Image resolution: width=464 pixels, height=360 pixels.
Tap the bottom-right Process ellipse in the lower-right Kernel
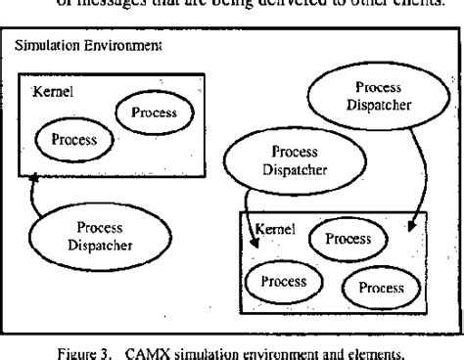click(380, 287)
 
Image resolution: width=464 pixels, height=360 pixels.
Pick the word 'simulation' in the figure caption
click(237, 345)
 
